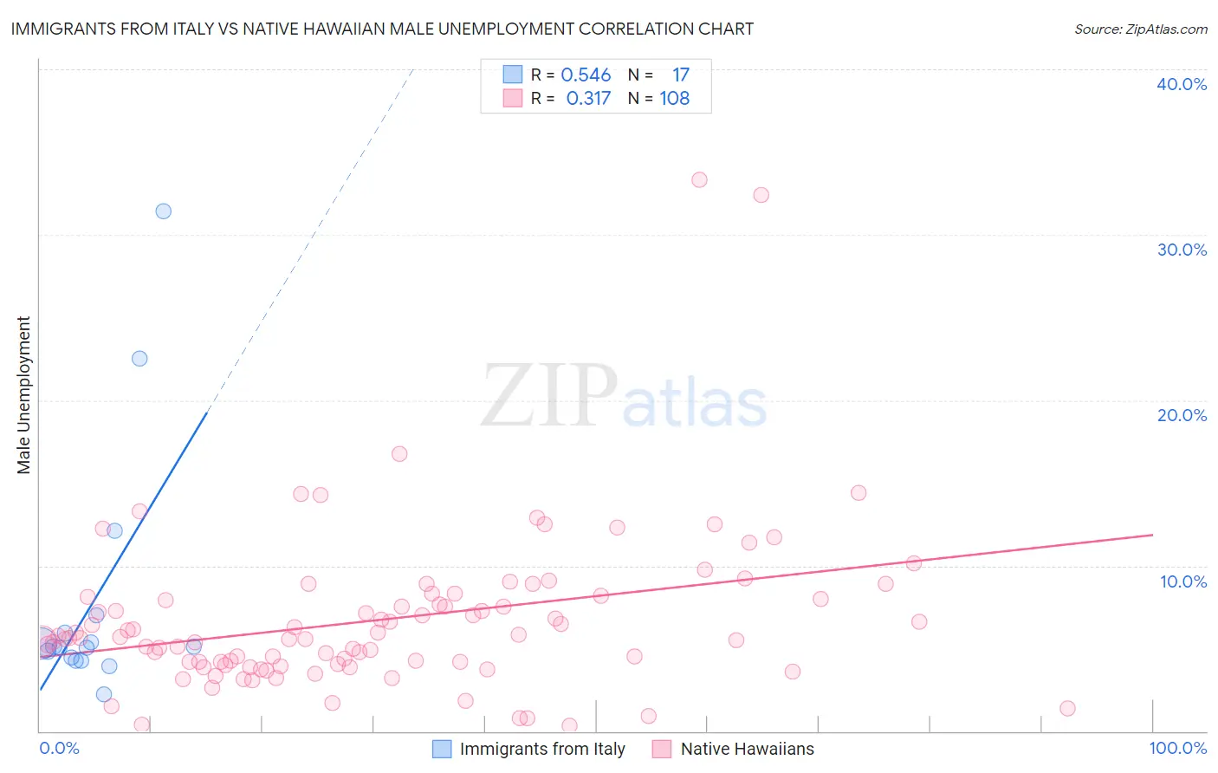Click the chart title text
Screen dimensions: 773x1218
tap(382, 29)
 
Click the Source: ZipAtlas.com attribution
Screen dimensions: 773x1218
tap(1140, 29)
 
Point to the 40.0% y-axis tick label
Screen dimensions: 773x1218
tap(1182, 84)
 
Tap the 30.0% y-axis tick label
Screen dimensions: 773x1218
tap(1182, 250)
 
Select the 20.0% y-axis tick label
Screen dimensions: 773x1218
tap(1182, 415)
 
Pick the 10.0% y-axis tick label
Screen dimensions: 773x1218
tap(1182, 581)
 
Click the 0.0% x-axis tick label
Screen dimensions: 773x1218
tap(60, 748)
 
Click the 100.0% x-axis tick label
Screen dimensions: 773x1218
tap(1177, 748)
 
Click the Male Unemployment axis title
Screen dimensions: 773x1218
tap(23, 395)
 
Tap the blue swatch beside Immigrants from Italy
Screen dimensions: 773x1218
tap(442, 749)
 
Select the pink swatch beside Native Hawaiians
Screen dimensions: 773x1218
tap(662, 749)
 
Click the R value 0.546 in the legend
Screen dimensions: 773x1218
tap(586, 75)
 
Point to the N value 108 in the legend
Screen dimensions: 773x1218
tap(674, 99)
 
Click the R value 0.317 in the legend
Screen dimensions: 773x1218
tap(588, 99)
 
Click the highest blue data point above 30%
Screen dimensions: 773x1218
tap(163, 211)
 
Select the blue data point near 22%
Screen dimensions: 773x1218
tap(139, 358)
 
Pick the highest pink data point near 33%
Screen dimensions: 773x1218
tap(699, 179)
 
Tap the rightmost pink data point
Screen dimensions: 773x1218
tap(1067, 708)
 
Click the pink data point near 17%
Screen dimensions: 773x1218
tap(399, 453)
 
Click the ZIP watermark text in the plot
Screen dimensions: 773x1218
tap(549, 396)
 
